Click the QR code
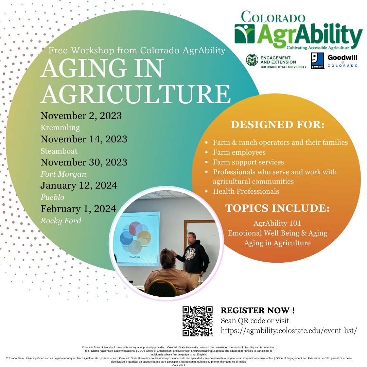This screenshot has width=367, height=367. tap(197, 321)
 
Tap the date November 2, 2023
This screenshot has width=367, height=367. tap(81, 116)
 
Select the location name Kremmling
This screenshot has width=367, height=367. tap(60, 128)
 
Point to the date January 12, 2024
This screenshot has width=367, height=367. tap(79, 186)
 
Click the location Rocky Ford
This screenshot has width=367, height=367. tap(61, 221)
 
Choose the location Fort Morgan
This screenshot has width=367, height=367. tap(64, 174)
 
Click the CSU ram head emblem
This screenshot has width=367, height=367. tap(252, 60)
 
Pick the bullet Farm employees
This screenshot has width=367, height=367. tap(239, 152)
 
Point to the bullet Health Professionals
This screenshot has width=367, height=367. tap(246, 191)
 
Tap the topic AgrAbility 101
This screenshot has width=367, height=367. tap(277, 224)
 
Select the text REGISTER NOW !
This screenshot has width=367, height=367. tap(258, 310)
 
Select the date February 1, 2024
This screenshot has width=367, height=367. tap(78, 208)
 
